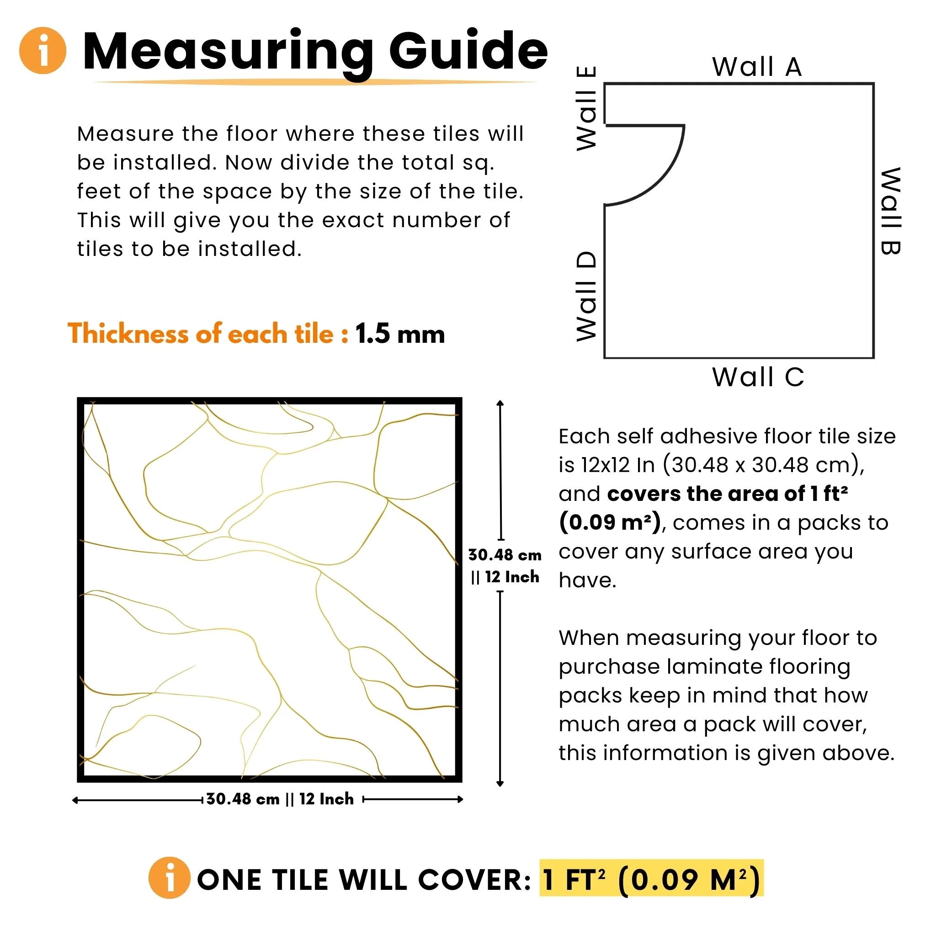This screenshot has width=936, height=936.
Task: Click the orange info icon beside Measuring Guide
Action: pyautogui.click(x=43, y=50)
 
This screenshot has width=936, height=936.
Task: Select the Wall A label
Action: pyautogui.click(x=757, y=67)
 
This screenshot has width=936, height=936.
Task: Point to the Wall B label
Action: pyautogui.click(x=890, y=211)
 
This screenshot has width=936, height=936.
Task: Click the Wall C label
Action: pyautogui.click(x=758, y=377)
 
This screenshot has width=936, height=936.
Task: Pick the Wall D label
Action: pyautogui.click(x=586, y=297)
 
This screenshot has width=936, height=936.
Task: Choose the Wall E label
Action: pyautogui.click(x=586, y=108)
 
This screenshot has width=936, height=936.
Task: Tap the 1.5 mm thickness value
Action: pyautogui.click(x=400, y=334)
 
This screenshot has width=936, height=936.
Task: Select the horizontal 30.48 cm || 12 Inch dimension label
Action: pyautogui.click(x=280, y=799)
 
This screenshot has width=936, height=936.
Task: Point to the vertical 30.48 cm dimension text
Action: pyautogui.click(x=505, y=555)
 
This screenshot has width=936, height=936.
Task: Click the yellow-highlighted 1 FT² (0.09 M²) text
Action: pyautogui.click(x=651, y=879)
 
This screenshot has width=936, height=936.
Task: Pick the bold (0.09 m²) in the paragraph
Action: pyautogui.click(x=610, y=523)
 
